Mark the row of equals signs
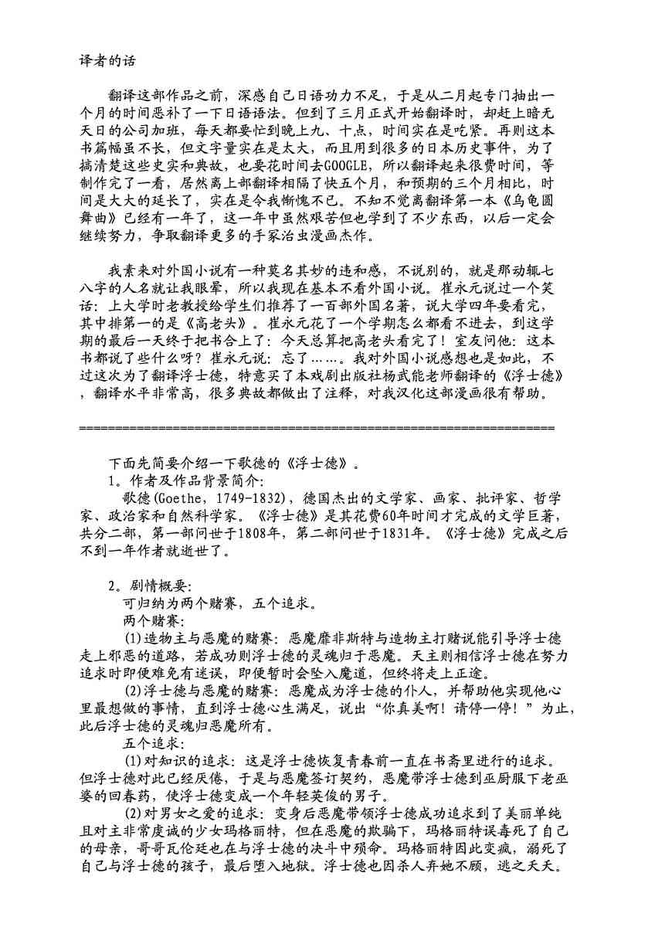pyautogui.click(x=317, y=427)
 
